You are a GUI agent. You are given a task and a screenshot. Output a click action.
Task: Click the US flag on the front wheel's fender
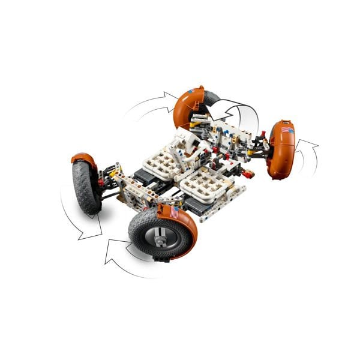coord(173,212)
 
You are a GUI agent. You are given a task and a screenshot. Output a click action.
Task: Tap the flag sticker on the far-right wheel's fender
coord(286,128)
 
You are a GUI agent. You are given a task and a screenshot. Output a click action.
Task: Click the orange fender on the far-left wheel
coord(84,160)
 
